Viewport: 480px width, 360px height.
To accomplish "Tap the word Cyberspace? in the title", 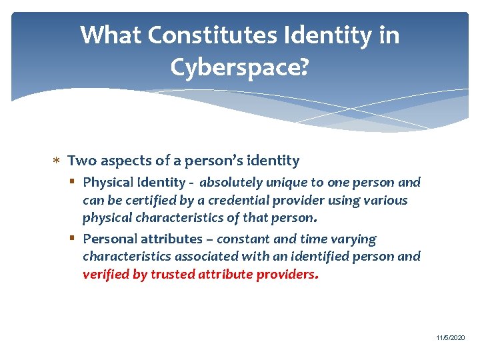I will tap(239, 67).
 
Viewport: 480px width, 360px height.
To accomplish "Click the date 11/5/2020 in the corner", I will tap(451, 339).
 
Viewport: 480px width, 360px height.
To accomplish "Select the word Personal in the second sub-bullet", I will tap(108, 239).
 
